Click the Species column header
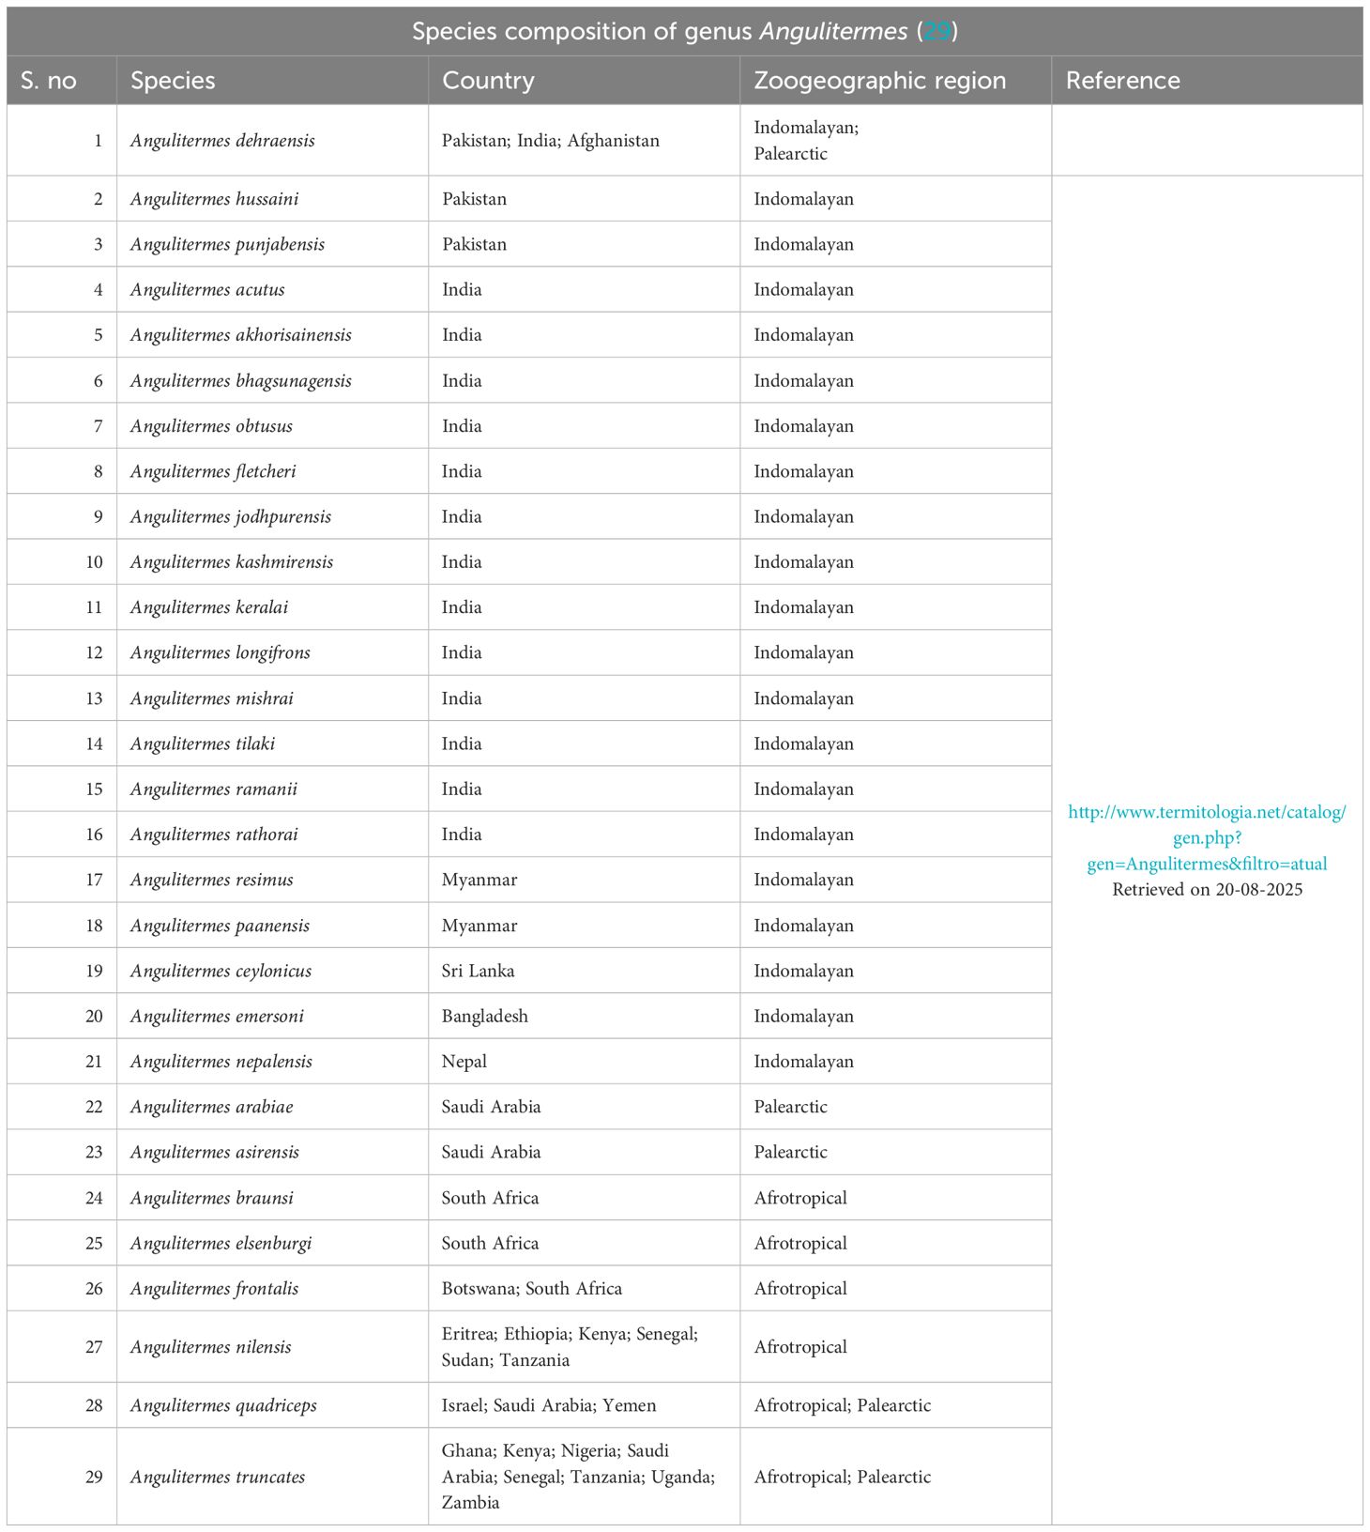click(x=173, y=81)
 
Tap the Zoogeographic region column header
click(x=879, y=81)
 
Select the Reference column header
click(x=1122, y=81)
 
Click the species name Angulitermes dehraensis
click(x=222, y=141)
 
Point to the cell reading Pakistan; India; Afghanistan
click(x=550, y=141)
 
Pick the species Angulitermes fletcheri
click(x=213, y=471)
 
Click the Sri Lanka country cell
click(x=478, y=971)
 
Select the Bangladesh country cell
click(x=484, y=1016)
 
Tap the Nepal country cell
click(x=464, y=1062)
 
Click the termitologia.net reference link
click(x=1207, y=837)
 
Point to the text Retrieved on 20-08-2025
click(x=1207, y=890)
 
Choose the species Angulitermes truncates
click(x=218, y=1477)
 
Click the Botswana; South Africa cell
click(x=531, y=1289)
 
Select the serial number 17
click(x=94, y=880)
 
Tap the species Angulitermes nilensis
click(x=210, y=1347)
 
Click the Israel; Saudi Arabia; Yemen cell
click(x=548, y=1405)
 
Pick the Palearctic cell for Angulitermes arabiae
click(x=790, y=1107)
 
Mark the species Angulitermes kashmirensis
click(x=232, y=562)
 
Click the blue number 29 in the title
click(x=936, y=31)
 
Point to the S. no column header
click(x=48, y=81)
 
